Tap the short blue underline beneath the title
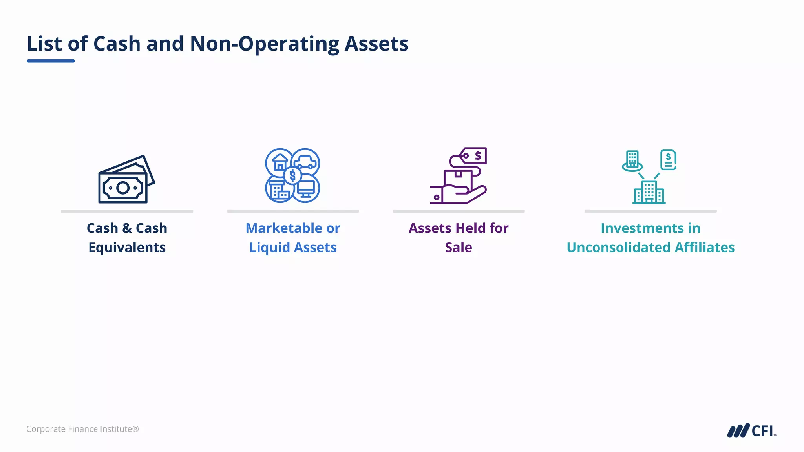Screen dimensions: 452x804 tap(51, 61)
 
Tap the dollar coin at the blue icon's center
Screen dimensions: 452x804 tap(292, 175)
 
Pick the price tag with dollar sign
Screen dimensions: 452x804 tap(474, 156)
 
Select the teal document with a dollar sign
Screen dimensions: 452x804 tap(668, 160)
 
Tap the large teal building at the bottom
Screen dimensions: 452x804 tap(649, 192)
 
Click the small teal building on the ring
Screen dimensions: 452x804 tap(632, 160)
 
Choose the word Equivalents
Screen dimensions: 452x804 tap(127, 248)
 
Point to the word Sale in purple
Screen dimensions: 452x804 tap(458, 248)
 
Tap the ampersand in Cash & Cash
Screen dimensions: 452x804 tap(127, 228)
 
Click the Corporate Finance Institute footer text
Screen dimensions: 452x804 tap(82, 429)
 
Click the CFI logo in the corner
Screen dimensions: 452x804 tap(751, 430)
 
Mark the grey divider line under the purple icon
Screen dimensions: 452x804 tap(459, 211)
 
